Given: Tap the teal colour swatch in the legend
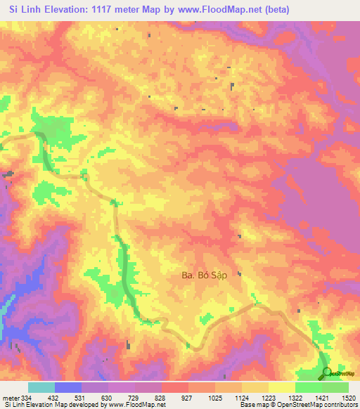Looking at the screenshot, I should [41, 387].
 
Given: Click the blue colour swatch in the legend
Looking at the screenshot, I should [68, 387].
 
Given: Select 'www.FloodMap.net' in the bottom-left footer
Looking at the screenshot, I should [136, 405].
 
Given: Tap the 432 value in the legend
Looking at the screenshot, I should [56, 398].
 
